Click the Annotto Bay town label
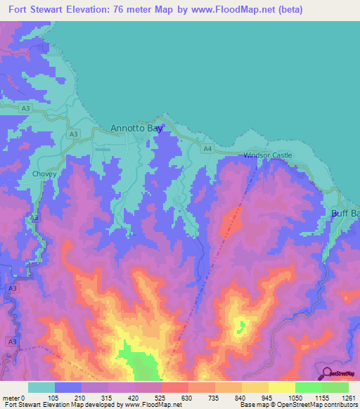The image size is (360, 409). coord(136,129)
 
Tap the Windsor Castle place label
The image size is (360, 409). coord(267,155)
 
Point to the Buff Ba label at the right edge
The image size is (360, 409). coord(345,213)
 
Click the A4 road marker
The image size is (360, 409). coord(207,148)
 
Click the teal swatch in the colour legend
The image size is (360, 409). coord(41,387)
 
